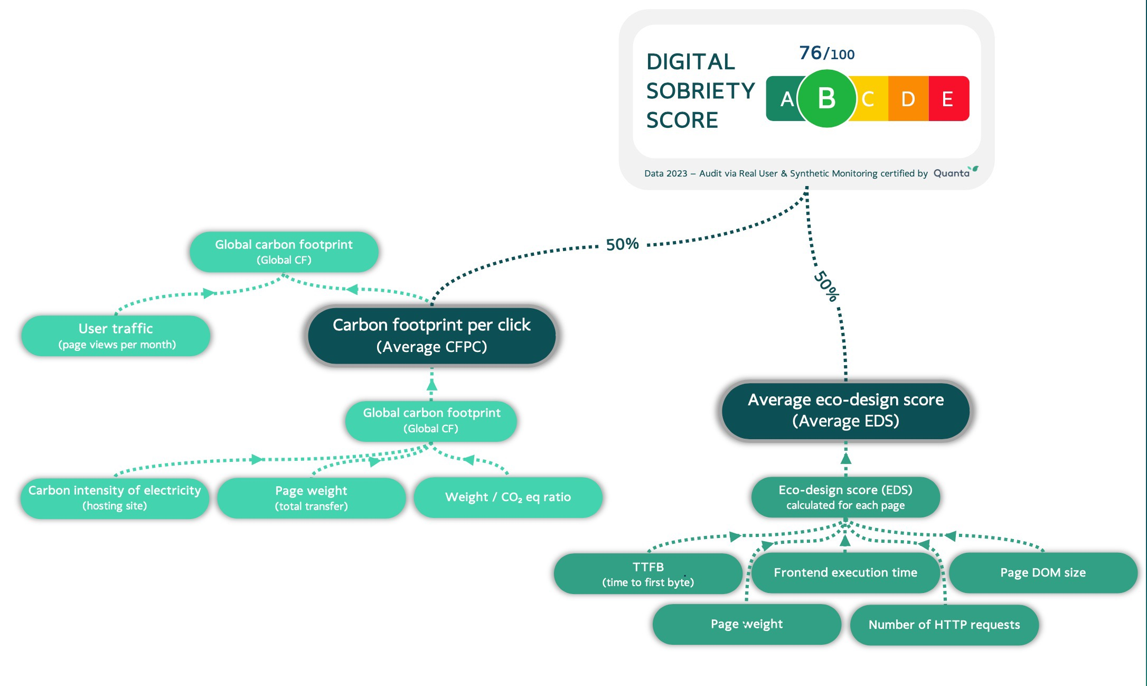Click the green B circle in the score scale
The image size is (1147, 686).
coord(826,98)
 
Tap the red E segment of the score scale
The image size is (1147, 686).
coord(948,99)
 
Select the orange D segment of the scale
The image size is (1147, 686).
coord(908,99)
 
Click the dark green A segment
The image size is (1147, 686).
coord(783,99)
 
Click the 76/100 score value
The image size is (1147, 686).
coord(826,53)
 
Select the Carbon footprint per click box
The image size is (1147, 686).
coord(431,335)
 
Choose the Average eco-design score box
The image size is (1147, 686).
coord(845,410)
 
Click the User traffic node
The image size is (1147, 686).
coord(116,336)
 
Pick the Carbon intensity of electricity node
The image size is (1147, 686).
coord(115,497)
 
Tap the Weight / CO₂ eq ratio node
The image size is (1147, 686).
coord(507,497)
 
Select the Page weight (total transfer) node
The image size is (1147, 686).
coord(311,498)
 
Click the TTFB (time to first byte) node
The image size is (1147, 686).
coord(648,574)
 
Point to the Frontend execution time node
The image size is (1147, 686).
coord(845,572)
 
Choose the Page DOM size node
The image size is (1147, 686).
coord(1043,572)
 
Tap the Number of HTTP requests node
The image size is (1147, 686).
coord(944,625)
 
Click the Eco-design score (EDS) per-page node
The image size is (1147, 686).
coord(845,497)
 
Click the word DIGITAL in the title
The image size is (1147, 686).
coord(691,62)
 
